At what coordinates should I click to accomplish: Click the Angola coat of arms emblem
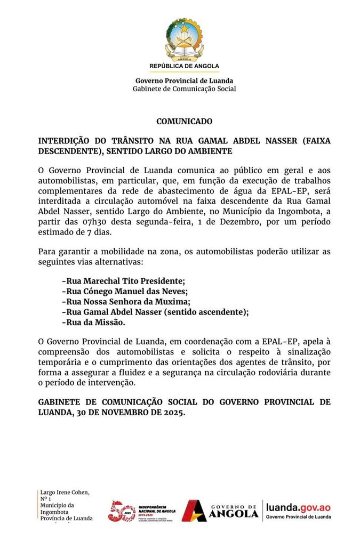184,38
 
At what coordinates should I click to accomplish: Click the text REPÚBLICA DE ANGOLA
184,66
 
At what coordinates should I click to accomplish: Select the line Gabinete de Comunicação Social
184,89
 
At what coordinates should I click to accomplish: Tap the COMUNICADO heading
184,122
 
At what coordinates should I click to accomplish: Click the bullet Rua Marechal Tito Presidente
123,280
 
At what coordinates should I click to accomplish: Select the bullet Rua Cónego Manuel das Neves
125,291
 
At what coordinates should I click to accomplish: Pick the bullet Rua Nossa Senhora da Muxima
122,301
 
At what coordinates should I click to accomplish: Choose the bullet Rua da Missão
93,322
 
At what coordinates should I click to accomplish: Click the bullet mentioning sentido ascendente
155,312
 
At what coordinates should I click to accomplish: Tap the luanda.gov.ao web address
298,508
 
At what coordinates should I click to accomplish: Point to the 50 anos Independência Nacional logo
141,511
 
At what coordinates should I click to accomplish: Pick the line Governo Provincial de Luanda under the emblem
184,81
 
